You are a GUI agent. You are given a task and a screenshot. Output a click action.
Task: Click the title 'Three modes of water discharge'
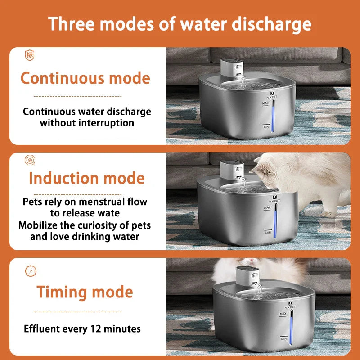180,23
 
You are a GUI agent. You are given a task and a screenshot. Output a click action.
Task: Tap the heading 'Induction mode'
86,178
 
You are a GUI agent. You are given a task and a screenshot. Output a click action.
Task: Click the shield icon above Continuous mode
30,55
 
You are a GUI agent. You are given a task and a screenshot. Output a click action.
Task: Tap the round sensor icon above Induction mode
30,160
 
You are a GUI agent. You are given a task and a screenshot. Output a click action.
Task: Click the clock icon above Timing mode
31,271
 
